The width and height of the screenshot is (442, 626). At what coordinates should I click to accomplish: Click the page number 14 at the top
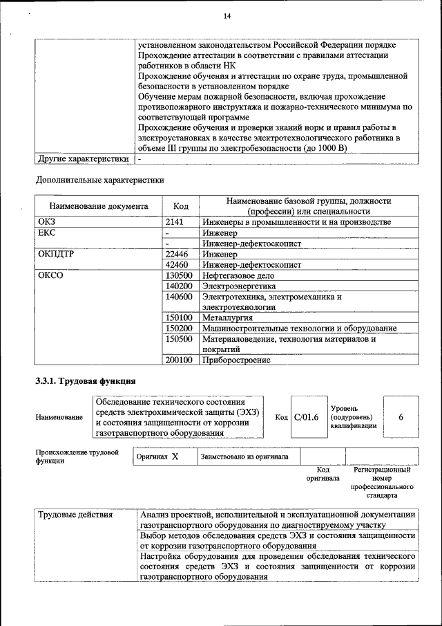tap(227, 17)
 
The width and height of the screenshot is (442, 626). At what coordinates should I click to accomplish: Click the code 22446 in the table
tap(177, 254)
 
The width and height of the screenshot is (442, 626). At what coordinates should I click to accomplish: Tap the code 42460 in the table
tap(177, 264)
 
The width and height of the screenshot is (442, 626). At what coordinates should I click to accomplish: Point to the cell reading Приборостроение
tap(236, 360)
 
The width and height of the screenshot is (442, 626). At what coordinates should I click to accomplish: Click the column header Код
tap(181, 206)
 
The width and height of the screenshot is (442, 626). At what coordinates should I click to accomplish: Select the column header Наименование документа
tap(99, 206)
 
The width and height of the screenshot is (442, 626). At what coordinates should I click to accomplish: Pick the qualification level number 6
tap(401, 417)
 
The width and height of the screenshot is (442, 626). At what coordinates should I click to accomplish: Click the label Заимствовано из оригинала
tap(245, 457)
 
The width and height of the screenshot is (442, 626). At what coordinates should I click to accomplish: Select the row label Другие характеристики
tap(83, 159)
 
